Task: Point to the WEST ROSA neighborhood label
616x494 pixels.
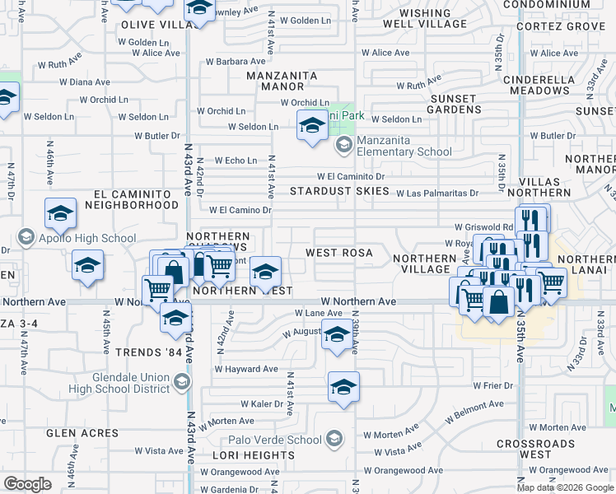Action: click(x=339, y=253)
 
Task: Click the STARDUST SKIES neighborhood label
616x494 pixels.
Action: click(x=339, y=191)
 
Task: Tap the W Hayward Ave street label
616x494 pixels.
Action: click(x=247, y=370)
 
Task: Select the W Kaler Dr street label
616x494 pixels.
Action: click(x=262, y=404)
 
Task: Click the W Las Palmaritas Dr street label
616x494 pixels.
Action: click(x=436, y=194)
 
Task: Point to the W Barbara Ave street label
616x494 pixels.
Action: click(x=236, y=61)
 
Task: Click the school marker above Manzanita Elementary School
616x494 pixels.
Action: click(x=312, y=126)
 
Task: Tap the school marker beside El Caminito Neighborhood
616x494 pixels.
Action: click(x=60, y=215)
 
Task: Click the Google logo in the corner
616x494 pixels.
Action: click(x=27, y=484)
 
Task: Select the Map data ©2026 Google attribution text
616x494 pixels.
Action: click(x=565, y=487)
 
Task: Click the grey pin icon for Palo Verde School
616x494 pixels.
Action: click(x=334, y=440)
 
